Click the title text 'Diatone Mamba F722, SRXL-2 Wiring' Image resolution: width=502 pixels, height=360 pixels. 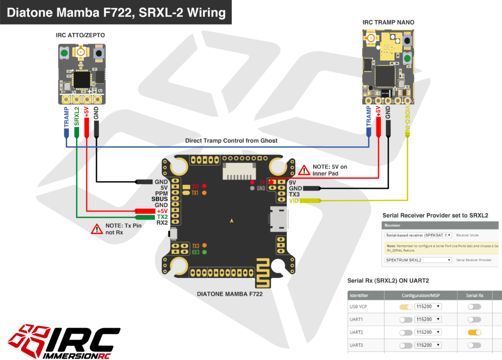pyautogui.click(x=116, y=12)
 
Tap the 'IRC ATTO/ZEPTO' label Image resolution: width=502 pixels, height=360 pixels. pyautogui.click(x=80, y=35)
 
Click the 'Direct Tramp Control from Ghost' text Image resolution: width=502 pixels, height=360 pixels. pyautogui.click(x=231, y=141)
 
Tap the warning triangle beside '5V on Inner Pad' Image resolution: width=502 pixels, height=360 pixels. pyautogui.click(x=304, y=170)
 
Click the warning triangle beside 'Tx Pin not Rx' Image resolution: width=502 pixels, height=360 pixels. pyautogui.click(x=97, y=229)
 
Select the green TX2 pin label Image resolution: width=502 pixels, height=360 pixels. pyautogui.click(x=162, y=216)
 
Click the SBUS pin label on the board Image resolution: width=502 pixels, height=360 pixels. pyautogui.click(x=159, y=199)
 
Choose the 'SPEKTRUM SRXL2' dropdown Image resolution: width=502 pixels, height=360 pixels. pyautogui.click(x=418, y=260)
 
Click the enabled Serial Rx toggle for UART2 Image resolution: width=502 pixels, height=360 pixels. pyautogui.click(x=474, y=332)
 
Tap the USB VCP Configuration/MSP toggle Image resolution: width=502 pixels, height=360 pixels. pyautogui.click(x=406, y=307)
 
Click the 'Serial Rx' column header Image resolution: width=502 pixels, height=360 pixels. pyautogui.click(x=474, y=295)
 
